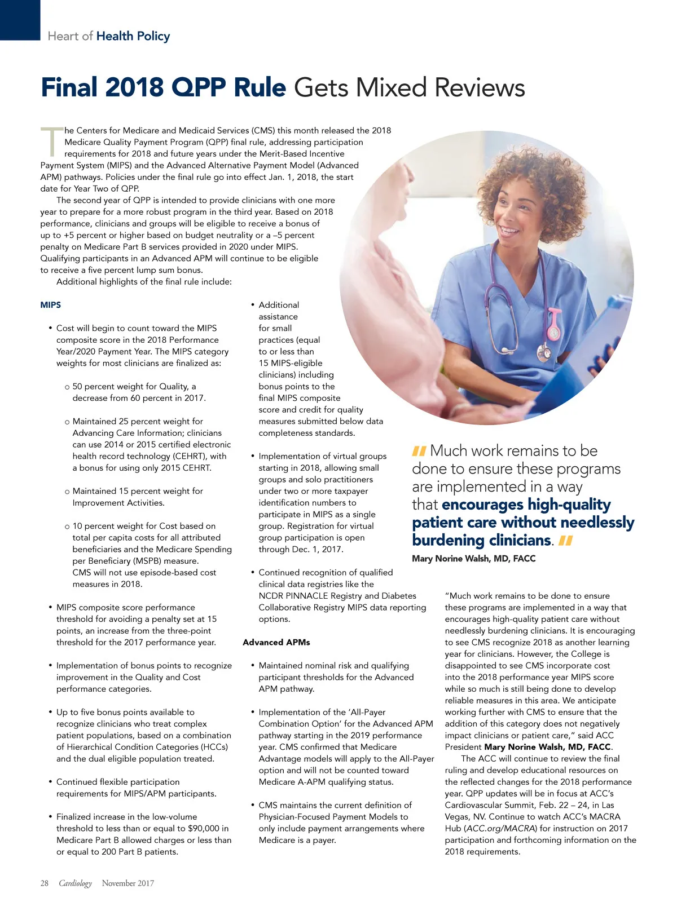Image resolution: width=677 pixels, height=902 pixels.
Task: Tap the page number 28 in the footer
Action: [45, 883]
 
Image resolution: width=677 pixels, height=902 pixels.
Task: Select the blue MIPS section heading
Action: [51, 305]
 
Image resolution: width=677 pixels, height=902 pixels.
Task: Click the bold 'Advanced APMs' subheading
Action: [276, 642]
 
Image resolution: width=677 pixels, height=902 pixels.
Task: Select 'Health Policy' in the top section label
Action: [133, 36]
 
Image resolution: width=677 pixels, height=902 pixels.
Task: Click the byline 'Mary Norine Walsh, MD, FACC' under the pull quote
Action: [474, 559]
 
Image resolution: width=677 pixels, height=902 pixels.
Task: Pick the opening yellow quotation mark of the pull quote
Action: [419, 451]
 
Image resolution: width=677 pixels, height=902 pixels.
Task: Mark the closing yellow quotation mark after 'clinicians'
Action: [566, 541]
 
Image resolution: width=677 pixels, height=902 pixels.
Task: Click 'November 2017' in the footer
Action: [128, 883]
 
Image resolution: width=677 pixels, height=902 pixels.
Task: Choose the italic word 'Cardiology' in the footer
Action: [75, 883]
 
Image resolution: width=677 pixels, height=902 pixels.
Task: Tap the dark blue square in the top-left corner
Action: [20, 20]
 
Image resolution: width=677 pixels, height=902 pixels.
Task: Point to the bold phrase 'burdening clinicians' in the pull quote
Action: [481, 540]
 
